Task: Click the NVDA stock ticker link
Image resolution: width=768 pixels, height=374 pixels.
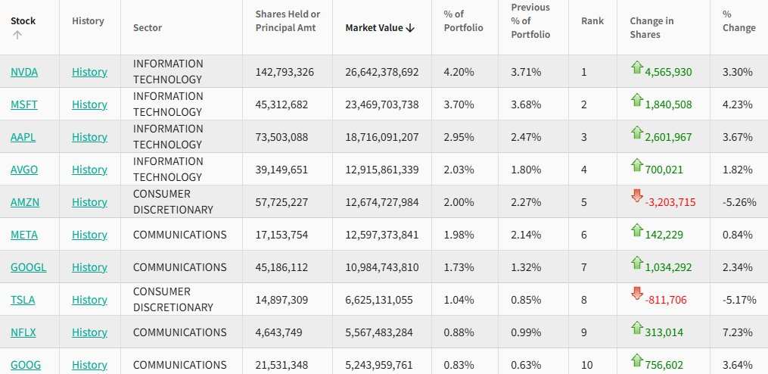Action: pos(24,72)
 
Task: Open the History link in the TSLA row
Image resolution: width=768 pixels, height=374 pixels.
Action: pos(89,300)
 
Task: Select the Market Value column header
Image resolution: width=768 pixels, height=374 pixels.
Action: pos(380,28)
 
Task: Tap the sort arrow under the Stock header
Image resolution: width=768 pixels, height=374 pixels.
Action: pos(17,35)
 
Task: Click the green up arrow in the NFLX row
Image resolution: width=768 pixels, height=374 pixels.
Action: pos(637,327)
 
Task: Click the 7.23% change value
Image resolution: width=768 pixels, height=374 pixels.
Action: pos(738,332)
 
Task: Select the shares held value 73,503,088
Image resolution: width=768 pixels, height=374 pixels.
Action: pos(281,137)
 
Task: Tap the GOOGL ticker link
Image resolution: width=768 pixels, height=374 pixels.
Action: pos(27,267)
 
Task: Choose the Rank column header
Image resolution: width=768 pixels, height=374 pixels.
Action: pos(592,21)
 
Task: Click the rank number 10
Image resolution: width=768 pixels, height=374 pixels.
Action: pos(587,365)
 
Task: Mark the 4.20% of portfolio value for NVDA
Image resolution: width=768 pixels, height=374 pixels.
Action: pos(459,72)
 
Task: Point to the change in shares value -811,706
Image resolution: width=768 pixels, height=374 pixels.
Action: pos(666,300)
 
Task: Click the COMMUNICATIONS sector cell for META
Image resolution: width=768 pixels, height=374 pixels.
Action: pos(179,235)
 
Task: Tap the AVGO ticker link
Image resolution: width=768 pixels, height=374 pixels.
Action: pos(24,170)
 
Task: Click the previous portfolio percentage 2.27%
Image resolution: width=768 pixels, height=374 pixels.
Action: pos(526,202)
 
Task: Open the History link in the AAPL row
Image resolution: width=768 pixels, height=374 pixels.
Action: pos(89,137)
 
